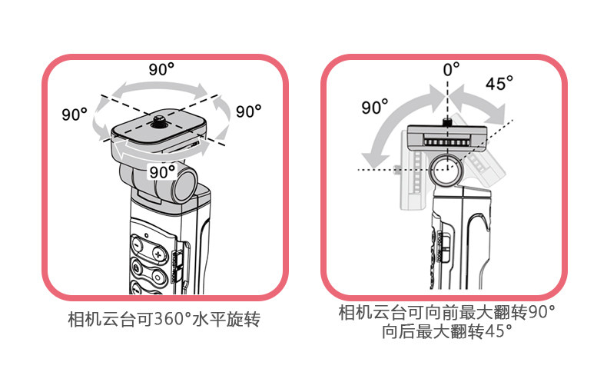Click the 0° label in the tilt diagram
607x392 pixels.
click(451, 68)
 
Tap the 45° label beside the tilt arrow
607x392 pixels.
click(499, 83)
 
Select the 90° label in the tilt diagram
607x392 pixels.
click(375, 108)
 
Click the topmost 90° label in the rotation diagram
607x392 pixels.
click(161, 68)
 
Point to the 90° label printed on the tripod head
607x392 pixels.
click(162, 171)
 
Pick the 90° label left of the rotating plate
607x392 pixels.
click(75, 115)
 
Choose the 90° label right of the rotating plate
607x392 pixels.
click(248, 111)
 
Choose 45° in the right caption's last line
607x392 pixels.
click(498, 333)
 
